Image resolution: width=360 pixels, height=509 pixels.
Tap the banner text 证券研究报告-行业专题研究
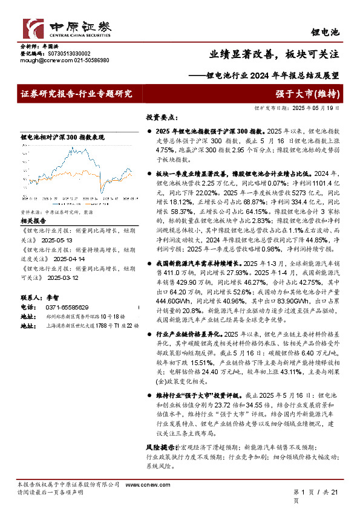pos(76,93)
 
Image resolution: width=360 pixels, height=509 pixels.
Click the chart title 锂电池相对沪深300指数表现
pos(62,137)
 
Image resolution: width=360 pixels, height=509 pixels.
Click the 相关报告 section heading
pos(33,221)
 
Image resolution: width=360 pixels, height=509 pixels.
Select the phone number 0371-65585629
pos(67,308)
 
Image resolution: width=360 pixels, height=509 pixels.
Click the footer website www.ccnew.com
pos(138,485)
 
